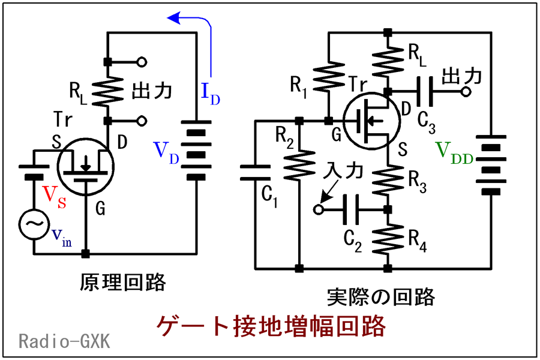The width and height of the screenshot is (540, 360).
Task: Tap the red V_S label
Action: point(54,197)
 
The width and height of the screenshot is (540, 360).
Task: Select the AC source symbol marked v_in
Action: point(34,224)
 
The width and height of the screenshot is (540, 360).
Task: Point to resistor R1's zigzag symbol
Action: point(329,79)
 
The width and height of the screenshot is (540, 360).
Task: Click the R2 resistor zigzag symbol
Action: point(299,165)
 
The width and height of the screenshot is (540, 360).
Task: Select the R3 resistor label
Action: point(418,182)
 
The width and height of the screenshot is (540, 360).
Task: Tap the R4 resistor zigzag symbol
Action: point(388,239)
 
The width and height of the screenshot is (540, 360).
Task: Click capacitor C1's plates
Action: point(255,172)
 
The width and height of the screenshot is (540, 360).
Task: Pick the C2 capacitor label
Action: point(353,241)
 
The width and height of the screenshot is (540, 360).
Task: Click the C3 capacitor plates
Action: point(425,92)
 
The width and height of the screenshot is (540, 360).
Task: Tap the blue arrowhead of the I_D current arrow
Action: point(174,18)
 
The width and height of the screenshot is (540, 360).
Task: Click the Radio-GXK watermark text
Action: point(65,341)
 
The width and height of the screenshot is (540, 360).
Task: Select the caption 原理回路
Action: point(123,283)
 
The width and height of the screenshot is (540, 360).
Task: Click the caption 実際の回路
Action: point(381,296)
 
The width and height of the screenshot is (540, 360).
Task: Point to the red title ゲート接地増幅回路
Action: point(271,326)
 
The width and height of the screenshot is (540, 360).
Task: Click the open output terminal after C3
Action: point(466,92)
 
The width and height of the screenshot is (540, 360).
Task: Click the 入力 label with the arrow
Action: point(343,171)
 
